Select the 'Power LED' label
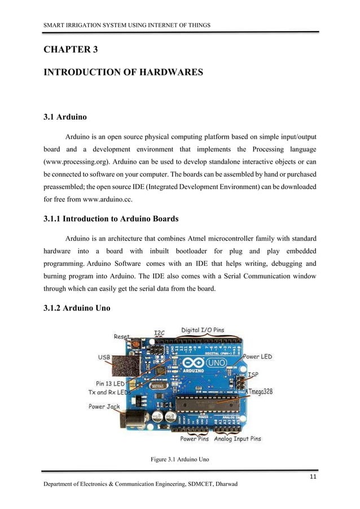(x=258, y=357)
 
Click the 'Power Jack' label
(x=104, y=406)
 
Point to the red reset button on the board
(x=135, y=343)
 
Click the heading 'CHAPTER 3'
(x=71, y=50)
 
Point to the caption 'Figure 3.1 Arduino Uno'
(x=180, y=460)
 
